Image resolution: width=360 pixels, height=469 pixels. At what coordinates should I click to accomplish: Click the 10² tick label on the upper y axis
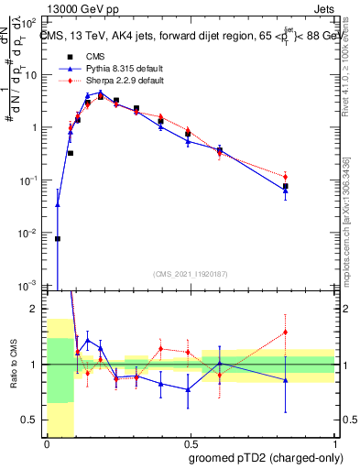(x=33, y=22)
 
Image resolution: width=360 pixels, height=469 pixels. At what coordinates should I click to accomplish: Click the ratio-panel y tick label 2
(x=37, y=309)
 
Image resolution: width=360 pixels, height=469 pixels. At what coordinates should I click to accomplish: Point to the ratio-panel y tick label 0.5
(x=33, y=420)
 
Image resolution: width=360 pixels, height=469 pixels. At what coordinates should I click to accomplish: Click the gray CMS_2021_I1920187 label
(x=190, y=274)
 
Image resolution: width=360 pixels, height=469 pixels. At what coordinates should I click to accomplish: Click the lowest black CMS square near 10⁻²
(x=58, y=238)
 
